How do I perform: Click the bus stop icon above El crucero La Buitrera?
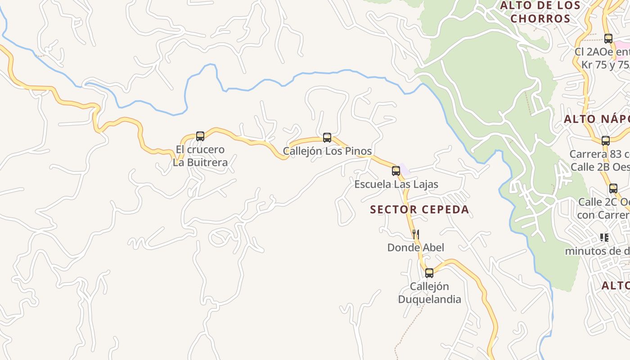pyautogui.click(x=200, y=136)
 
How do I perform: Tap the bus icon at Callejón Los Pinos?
pyautogui.click(x=327, y=137)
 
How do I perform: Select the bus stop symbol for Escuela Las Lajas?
pyautogui.click(x=396, y=171)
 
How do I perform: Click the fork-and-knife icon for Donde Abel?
pyautogui.click(x=416, y=234)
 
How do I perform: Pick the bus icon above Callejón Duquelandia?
pyautogui.click(x=429, y=273)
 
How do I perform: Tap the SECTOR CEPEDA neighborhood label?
pyautogui.click(x=419, y=209)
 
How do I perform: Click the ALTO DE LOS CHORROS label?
pyautogui.click(x=540, y=12)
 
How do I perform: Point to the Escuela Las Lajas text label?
pyautogui.click(x=396, y=184)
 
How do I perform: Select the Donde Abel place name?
pyautogui.click(x=416, y=247)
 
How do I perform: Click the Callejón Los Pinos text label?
pyautogui.click(x=327, y=151)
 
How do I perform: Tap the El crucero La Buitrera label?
pyautogui.click(x=200, y=156)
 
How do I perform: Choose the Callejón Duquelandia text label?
pyautogui.click(x=429, y=293)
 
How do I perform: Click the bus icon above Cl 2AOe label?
pyautogui.click(x=608, y=39)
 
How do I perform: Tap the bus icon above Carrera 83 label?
pyautogui.click(x=606, y=140)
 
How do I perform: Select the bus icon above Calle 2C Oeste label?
pyautogui.click(x=613, y=188)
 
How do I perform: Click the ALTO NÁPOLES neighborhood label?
pyautogui.click(x=597, y=119)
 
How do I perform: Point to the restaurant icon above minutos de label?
pyautogui.click(x=604, y=237)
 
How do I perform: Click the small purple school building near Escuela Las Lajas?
pyautogui.click(x=405, y=170)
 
